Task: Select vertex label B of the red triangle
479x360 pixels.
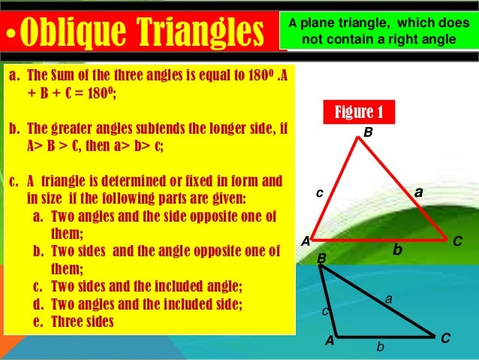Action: click(x=368, y=132)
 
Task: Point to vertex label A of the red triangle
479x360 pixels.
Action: click(x=306, y=242)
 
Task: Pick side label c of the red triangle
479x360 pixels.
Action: click(x=319, y=192)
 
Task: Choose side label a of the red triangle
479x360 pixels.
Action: click(x=419, y=192)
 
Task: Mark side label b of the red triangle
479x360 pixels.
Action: click(x=398, y=248)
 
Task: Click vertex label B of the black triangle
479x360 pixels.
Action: click(x=321, y=259)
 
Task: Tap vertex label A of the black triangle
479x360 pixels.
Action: click(x=329, y=340)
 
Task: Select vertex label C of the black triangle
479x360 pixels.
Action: click(x=445, y=339)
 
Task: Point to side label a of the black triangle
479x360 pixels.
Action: click(x=388, y=299)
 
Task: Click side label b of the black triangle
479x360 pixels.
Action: click(x=381, y=347)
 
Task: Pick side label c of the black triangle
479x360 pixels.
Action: click(x=325, y=310)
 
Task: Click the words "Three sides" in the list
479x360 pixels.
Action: click(x=83, y=322)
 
